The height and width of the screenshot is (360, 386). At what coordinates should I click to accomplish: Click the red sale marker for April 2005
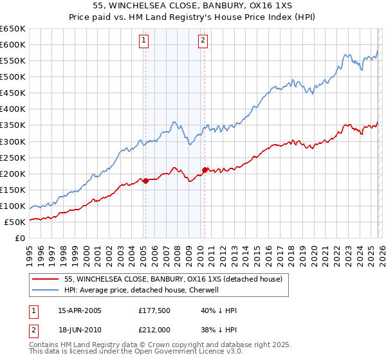point(145,181)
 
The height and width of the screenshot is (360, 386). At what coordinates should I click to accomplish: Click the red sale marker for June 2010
point(205,170)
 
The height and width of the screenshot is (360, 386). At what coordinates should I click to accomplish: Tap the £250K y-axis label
point(13,157)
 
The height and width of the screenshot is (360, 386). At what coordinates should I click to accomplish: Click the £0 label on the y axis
point(21,239)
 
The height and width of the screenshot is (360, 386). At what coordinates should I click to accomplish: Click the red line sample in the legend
point(45,279)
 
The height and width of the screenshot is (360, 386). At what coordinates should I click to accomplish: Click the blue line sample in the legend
point(45,290)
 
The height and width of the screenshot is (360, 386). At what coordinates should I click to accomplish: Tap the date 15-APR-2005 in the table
point(80,310)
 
